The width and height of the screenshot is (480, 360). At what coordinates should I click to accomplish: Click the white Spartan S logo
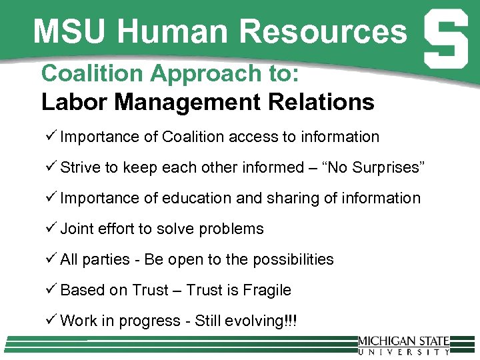(x=445, y=41)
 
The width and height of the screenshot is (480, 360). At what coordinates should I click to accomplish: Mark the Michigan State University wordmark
(x=403, y=344)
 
